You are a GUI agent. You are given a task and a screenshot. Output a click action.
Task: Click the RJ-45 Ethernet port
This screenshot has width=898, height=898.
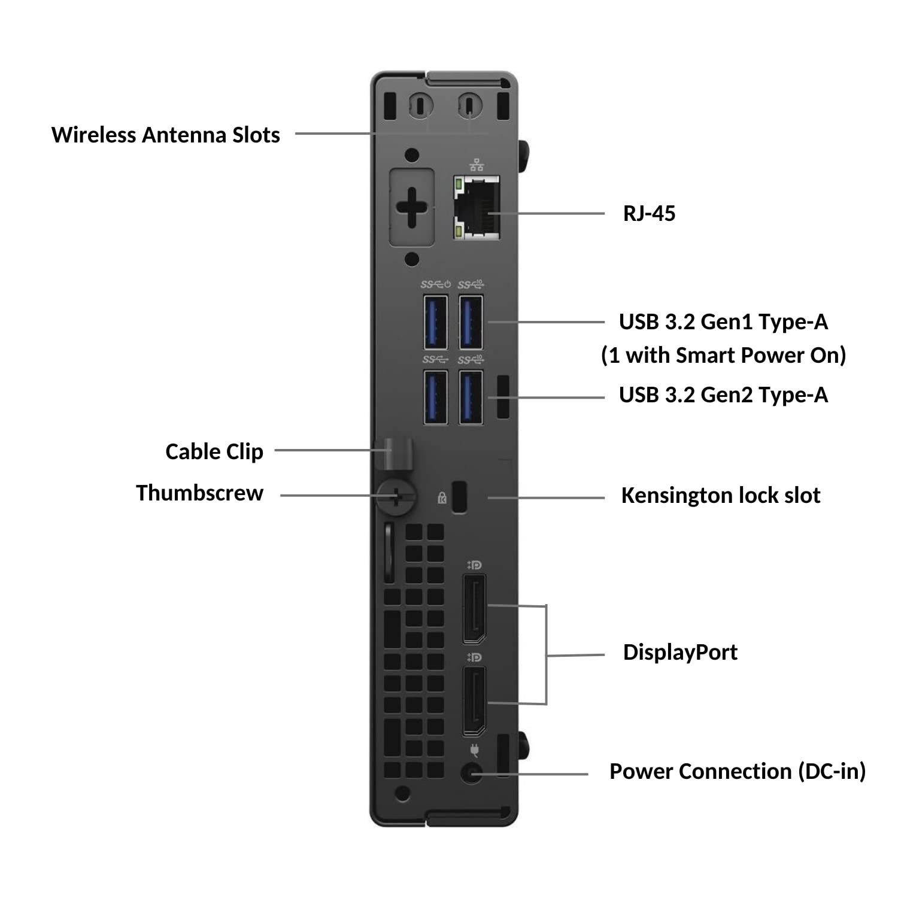(477, 208)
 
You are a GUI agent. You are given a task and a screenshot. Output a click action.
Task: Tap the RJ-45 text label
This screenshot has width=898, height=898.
(649, 214)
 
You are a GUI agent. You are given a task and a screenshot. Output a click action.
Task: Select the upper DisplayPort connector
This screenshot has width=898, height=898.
(474, 608)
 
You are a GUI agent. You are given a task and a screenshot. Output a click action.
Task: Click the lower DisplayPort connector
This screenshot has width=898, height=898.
(474, 700)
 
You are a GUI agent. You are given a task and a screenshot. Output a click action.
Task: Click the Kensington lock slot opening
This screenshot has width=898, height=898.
(459, 496)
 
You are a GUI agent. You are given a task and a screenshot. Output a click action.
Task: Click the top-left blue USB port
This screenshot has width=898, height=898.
(436, 323)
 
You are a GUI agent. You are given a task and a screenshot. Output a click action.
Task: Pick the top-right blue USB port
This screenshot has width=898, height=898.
(471, 323)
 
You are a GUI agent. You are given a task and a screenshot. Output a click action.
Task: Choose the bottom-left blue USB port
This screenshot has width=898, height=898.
(436, 398)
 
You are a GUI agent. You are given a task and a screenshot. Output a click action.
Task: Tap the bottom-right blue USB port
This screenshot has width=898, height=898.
(471, 398)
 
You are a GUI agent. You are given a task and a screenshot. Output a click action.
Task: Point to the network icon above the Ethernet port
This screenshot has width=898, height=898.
(477, 165)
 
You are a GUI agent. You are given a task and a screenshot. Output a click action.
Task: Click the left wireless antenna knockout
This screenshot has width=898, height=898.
(420, 106)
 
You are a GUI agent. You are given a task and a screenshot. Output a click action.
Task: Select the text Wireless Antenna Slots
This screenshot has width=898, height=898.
(166, 135)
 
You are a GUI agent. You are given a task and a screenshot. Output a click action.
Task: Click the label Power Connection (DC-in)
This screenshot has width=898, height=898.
(737, 771)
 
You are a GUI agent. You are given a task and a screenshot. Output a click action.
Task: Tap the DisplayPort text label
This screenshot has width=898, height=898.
(680, 652)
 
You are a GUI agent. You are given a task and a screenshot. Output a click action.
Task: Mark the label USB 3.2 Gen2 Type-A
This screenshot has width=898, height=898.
(723, 395)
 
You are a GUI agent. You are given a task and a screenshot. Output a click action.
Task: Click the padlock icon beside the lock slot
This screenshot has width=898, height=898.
(442, 497)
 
